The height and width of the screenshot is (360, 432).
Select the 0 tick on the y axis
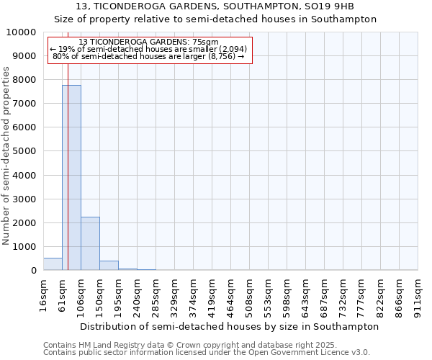pos(33,271)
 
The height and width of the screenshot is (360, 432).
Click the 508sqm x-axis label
pos(249,294)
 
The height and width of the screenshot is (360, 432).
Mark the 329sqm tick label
pos(174,294)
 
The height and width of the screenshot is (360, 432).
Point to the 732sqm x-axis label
pos(343,294)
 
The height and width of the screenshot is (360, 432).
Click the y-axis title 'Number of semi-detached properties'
pos(7,156)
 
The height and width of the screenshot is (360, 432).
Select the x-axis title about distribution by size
pos(229,326)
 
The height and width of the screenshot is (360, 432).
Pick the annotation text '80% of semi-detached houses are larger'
pos(150,56)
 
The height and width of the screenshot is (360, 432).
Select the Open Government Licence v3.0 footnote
pos(206,353)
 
